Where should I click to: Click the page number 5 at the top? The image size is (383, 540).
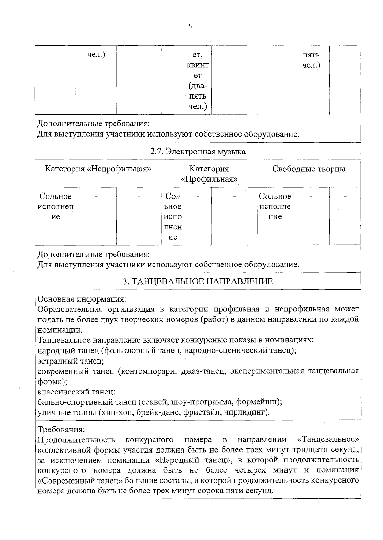coord(190,27)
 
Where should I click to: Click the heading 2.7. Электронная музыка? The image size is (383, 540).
coord(198,151)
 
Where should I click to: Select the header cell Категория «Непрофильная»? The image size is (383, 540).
coord(98,169)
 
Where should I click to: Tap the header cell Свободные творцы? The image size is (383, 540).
coord(308,169)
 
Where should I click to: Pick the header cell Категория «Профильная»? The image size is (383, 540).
coord(209,174)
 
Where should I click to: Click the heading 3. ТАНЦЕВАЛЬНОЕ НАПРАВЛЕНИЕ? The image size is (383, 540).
coord(198,281)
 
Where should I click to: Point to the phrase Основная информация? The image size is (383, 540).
coord(82,299)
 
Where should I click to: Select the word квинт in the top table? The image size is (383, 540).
coord(198,65)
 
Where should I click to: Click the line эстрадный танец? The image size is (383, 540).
coord(71,361)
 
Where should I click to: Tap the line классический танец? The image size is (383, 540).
coord(76,391)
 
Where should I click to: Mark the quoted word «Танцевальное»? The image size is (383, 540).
coord(328,439)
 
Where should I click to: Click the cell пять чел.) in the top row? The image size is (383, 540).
coord(311,60)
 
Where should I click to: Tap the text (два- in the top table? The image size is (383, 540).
coord(198,86)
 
